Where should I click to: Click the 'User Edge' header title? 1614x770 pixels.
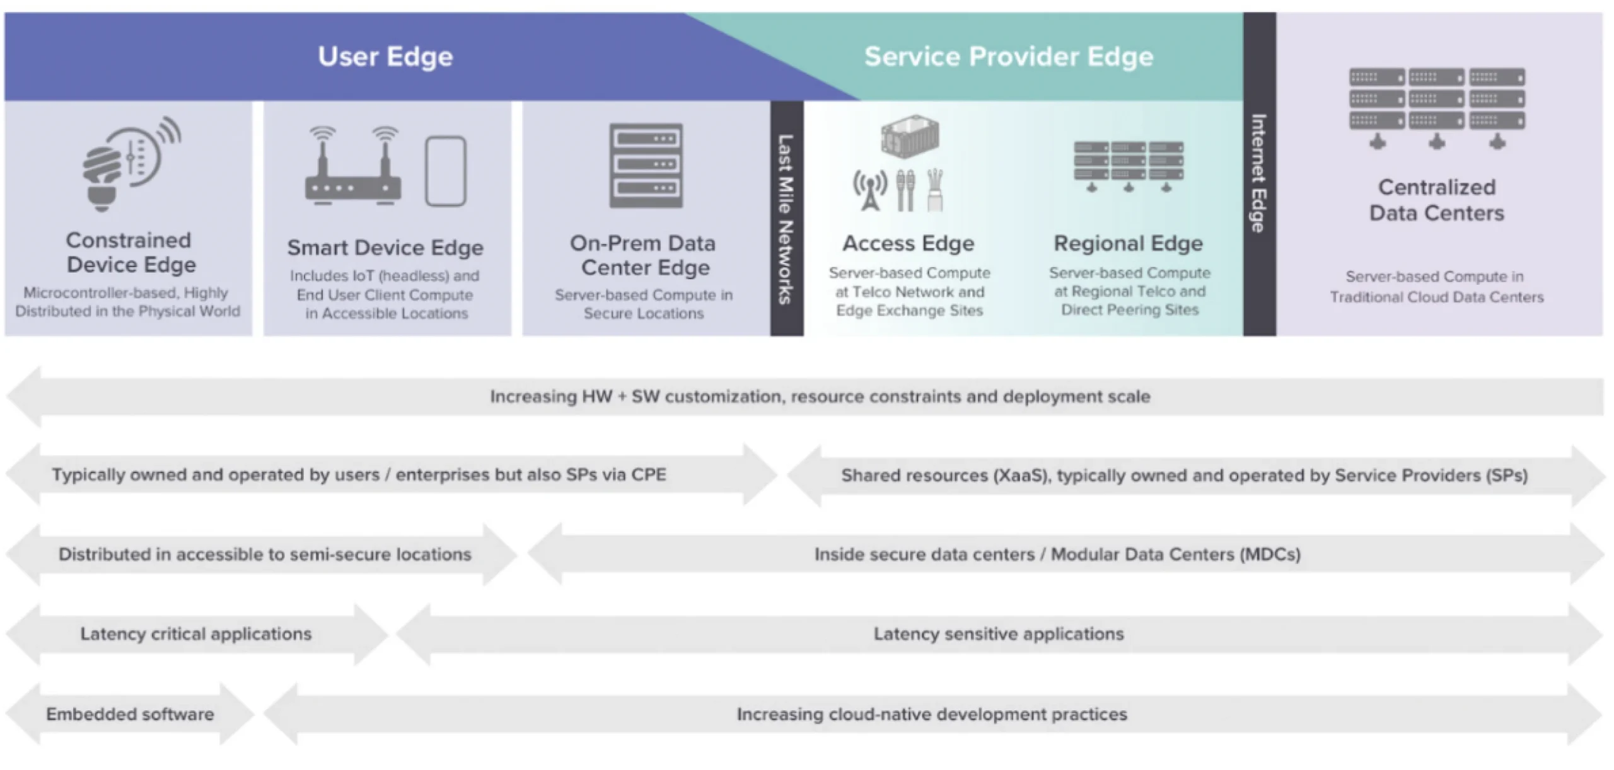coord(385,57)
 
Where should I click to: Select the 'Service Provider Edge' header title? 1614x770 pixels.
coord(1009,57)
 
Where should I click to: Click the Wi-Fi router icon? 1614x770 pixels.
coord(353,166)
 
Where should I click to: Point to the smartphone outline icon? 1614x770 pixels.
coord(446,171)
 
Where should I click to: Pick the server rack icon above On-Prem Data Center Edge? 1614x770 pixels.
coord(646,165)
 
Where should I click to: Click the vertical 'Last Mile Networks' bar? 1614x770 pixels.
coord(786,218)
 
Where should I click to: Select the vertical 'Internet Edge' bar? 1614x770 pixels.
coord(1259,174)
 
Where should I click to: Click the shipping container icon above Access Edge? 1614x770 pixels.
coord(910,136)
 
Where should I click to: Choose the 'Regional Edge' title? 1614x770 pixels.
coord(1129,243)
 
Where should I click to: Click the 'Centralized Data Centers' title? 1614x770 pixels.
coord(1437,200)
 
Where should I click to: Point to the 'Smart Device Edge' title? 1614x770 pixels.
coord(385,248)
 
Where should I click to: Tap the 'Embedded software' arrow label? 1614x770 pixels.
coord(130,714)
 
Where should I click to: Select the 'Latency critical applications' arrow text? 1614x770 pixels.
coord(196,634)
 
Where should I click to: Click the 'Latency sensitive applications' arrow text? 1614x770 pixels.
coord(999,634)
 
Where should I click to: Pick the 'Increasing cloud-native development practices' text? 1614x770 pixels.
coord(932,714)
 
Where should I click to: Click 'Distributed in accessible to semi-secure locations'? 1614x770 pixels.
coord(265,555)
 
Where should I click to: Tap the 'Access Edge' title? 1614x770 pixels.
coord(909,243)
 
